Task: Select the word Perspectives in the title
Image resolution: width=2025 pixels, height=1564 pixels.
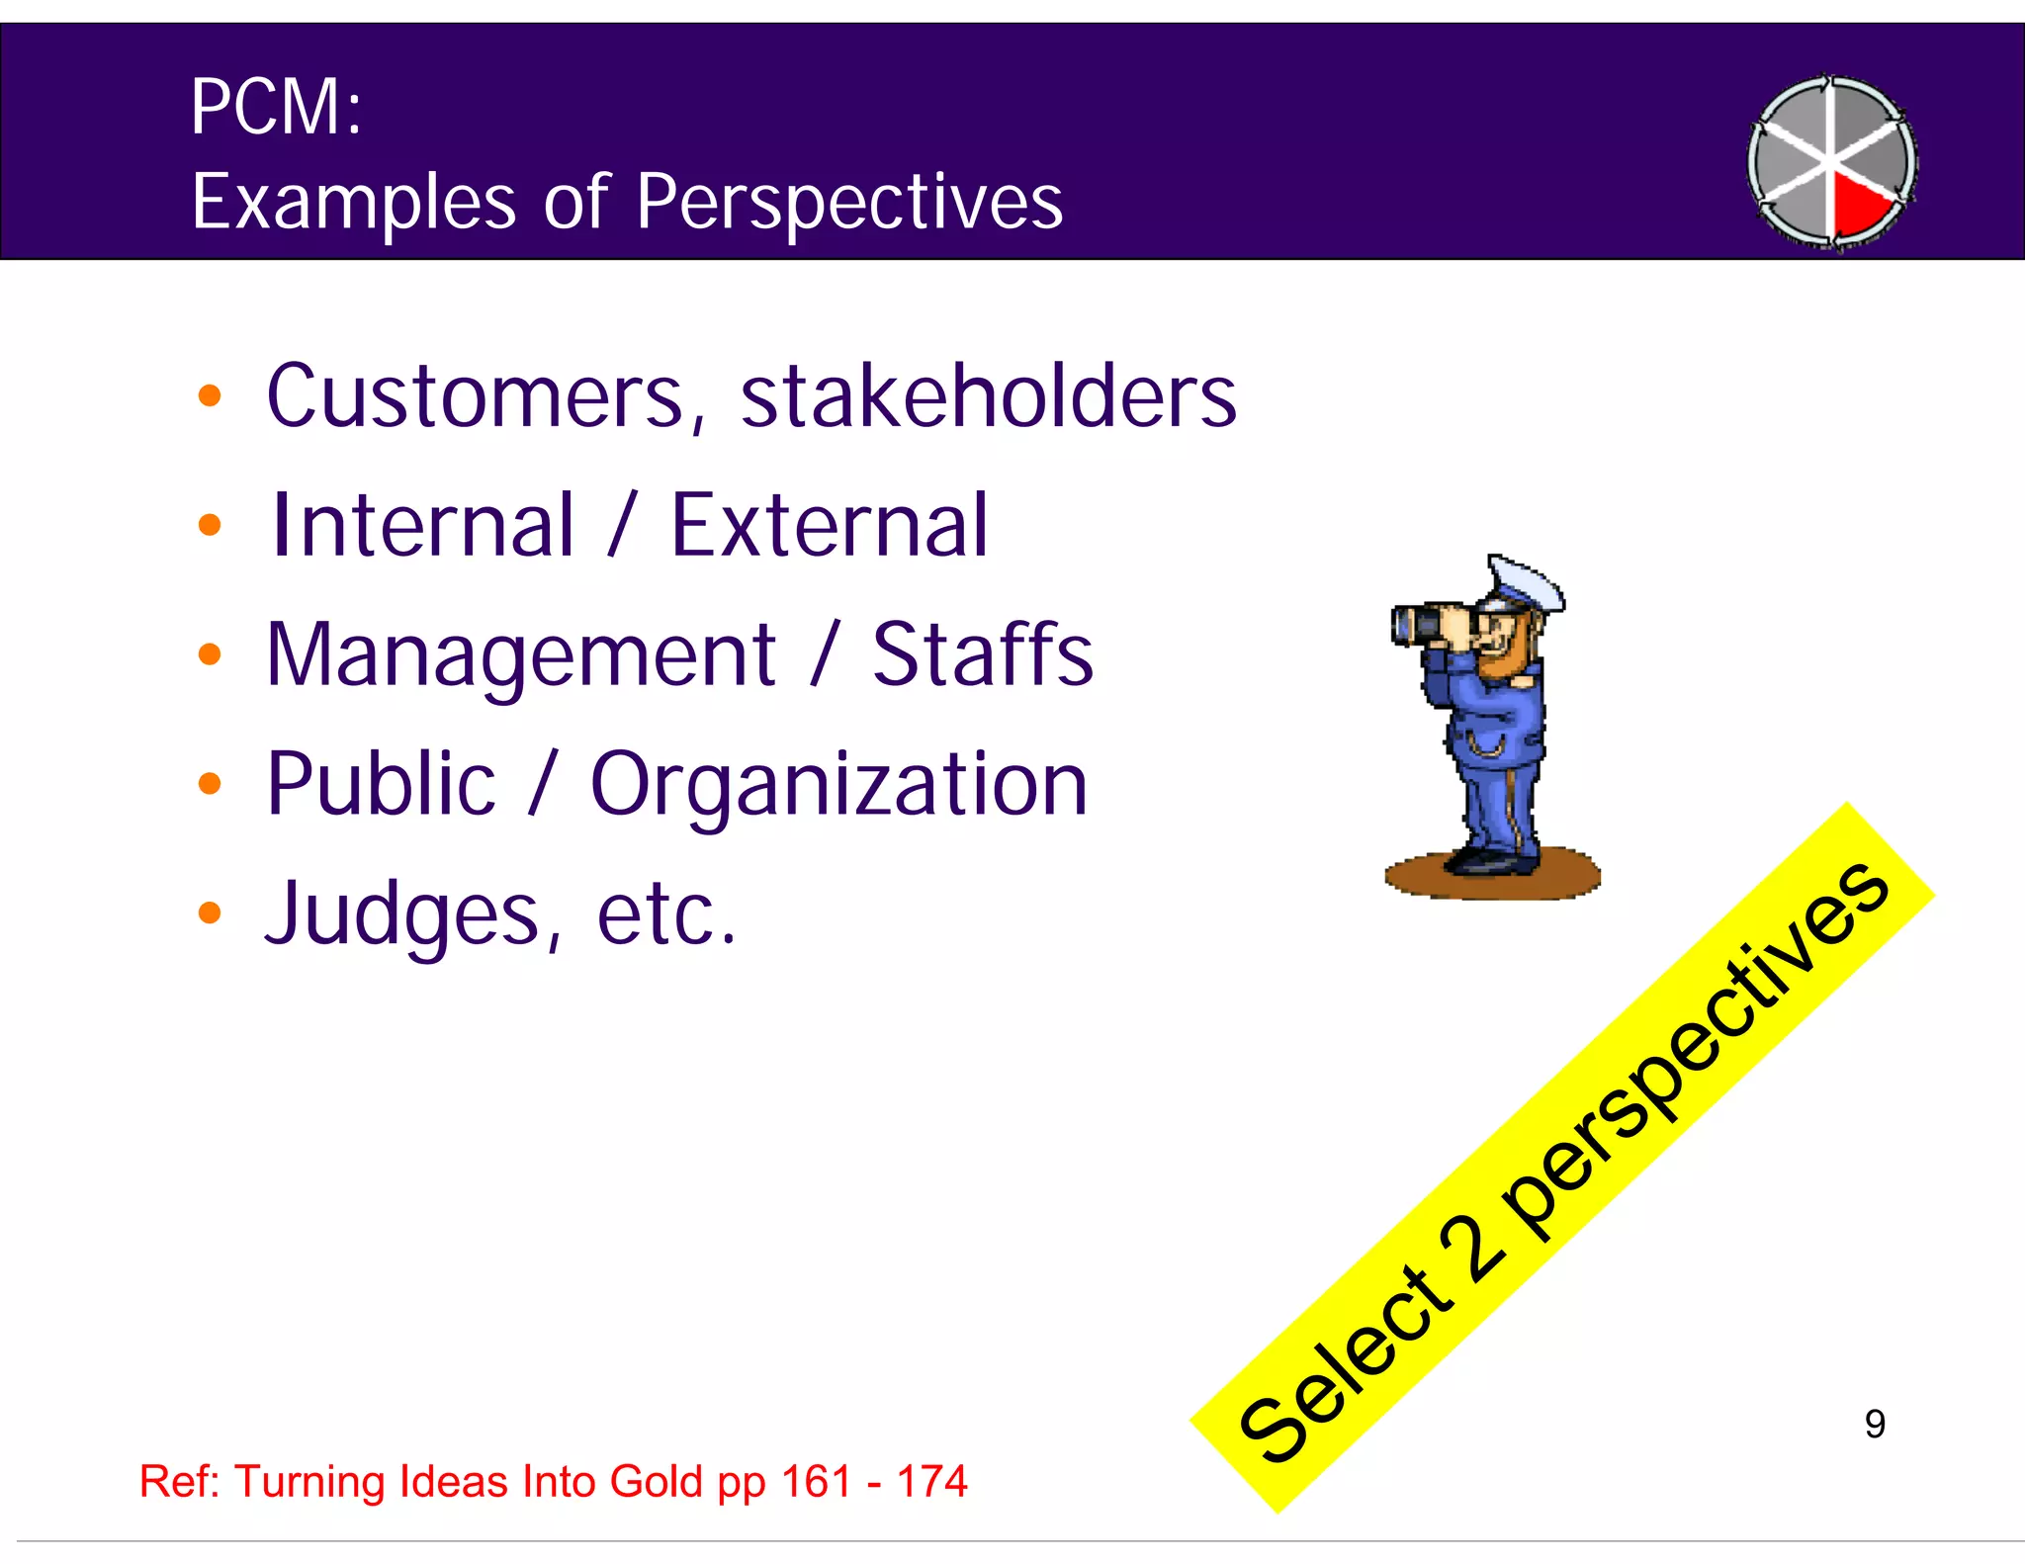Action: (848, 203)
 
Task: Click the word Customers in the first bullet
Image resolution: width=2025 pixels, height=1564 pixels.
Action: (475, 396)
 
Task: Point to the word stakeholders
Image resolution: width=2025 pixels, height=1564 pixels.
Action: (988, 396)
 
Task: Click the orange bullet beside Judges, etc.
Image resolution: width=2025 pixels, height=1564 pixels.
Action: (210, 912)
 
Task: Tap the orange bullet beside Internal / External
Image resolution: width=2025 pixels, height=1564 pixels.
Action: (210, 524)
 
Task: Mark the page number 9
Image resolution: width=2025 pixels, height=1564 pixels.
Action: (1875, 1424)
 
